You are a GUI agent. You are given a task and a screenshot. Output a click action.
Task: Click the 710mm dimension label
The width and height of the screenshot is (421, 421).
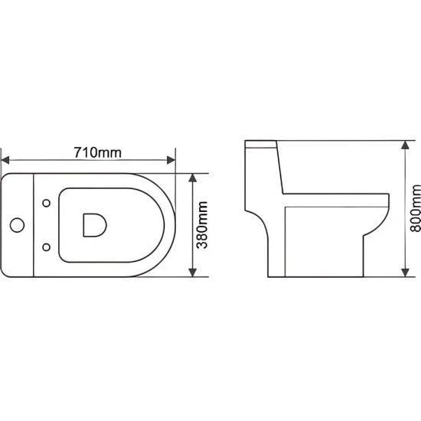click(98, 152)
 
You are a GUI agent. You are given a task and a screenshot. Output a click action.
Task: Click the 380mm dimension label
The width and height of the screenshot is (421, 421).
click(202, 225)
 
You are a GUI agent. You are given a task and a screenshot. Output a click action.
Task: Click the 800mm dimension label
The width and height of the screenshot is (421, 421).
click(416, 208)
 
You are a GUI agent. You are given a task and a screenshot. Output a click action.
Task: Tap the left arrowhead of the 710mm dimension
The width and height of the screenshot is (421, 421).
click(5, 160)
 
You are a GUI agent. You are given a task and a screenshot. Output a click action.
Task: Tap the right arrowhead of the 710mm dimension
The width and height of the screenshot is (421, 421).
click(171, 160)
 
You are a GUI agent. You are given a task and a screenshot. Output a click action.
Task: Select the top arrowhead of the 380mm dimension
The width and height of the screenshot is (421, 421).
click(192, 178)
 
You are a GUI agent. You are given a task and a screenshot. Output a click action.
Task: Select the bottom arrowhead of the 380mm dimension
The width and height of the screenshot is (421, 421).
click(192, 273)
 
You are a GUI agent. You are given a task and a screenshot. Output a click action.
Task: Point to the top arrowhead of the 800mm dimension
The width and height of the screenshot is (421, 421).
click(405, 145)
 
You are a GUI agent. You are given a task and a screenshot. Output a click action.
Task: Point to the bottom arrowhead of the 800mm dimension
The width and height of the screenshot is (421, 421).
click(405, 273)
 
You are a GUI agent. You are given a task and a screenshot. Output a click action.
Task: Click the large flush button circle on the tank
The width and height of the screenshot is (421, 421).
click(17, 225)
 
